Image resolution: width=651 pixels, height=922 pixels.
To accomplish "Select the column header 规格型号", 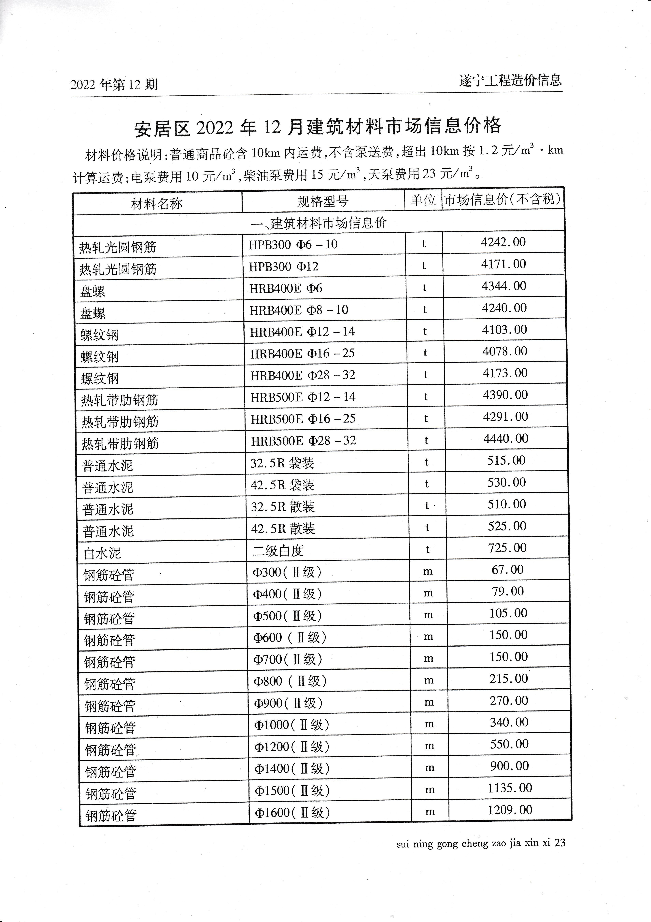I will pyautogui.click(x=322, y=201).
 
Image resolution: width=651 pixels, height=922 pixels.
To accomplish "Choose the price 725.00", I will pyautogui.click(x=507, y=548).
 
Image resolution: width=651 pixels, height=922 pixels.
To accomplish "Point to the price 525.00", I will pyautogui.click(x=507, y=526).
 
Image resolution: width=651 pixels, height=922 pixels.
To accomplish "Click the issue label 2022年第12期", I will pyautogui.click(x=114, y=85).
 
